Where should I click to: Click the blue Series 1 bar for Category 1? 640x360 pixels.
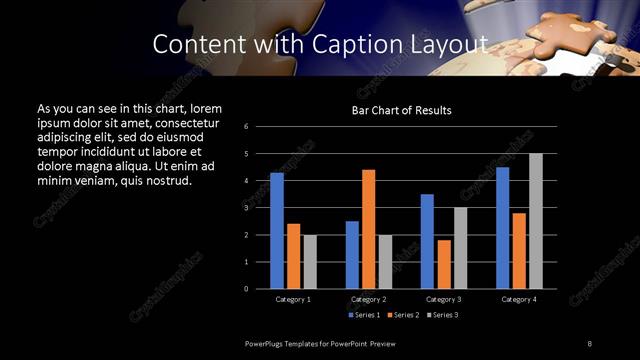click(277, 231)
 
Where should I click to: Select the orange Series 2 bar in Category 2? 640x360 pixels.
click(368, 229)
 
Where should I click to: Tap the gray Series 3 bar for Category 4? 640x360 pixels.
click(536, 221)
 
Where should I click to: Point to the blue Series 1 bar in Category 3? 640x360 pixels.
click(427, 241)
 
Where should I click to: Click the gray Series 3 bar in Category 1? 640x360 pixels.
click(310, 262)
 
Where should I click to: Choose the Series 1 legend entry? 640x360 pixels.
click(363, 315)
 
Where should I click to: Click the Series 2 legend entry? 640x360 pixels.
click(402, 315)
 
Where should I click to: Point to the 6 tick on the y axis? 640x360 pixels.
click(246, 127)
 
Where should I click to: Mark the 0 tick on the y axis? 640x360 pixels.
click(246, 289)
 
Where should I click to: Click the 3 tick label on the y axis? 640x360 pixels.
click(246, 208)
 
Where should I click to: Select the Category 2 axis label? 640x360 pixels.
click(368, 299)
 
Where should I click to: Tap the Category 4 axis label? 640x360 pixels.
click(519, 299)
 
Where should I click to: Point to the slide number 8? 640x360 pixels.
click(590, 344)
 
